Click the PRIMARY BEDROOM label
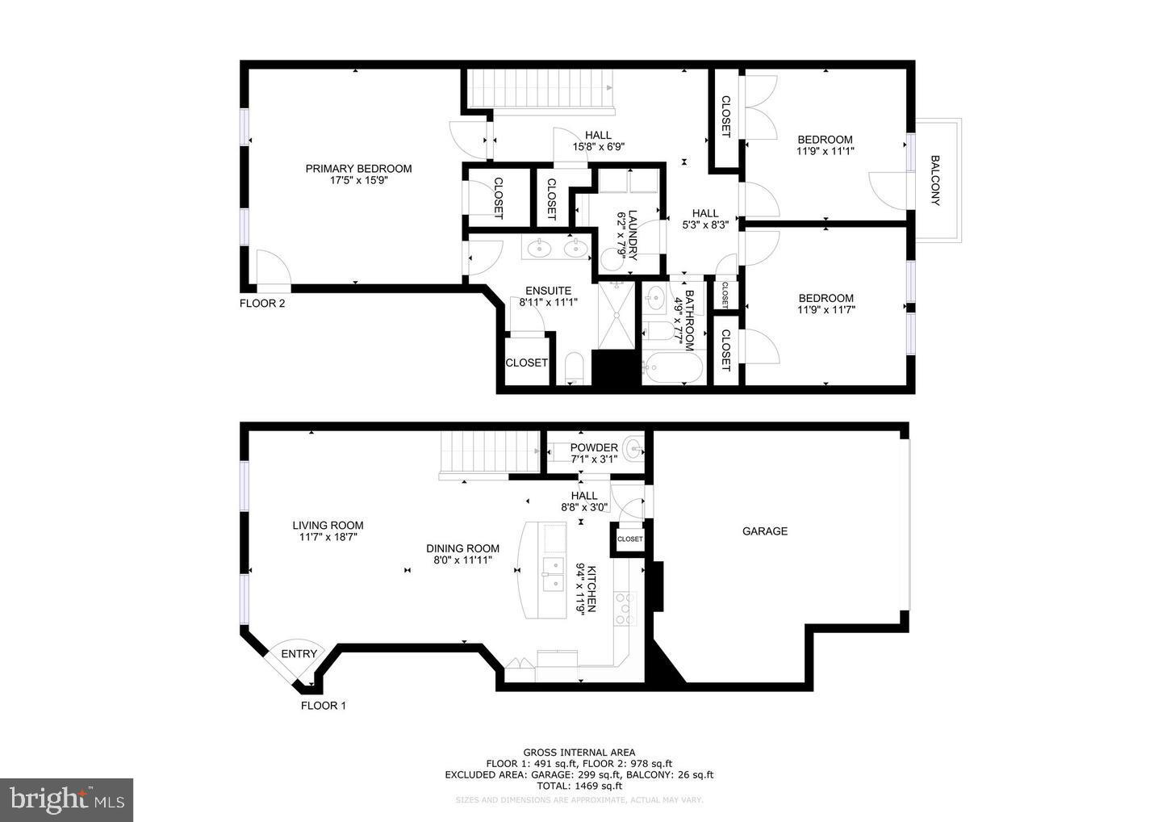[x=358, y=169]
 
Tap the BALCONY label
[x=935, y=180]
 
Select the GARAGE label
[x=764, y=531]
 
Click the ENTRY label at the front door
[x=299, y=654]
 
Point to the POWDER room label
[x=594, y=448]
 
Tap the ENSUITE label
[x=548, y=291]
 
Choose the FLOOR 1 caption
[x=323, y=706]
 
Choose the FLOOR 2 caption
[x=262, y=304]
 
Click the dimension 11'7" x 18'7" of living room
[x=328, y=537]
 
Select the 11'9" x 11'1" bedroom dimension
[x=825, y=151]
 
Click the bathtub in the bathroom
[x=672, y=368]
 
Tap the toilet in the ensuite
[x=575, y=368]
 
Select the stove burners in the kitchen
[x=626, y=609]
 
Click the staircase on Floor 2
[x=539, y=89]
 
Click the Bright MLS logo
[x=66, y=799]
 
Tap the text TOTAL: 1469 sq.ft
[x=579, y=786]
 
